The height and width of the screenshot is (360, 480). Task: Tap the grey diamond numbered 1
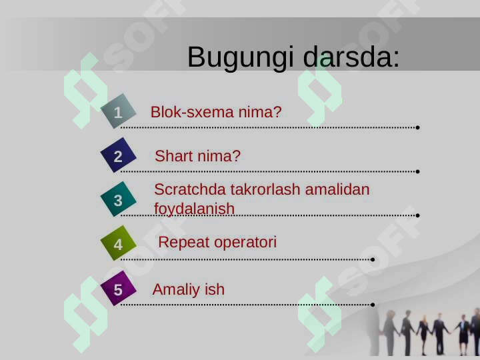pos(118,113)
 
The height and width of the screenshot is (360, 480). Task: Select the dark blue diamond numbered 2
pos(118,157)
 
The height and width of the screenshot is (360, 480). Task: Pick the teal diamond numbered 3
pos(118,200)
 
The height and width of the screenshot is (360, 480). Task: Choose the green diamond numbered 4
pos(118,245)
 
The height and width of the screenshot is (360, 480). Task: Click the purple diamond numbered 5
pos(118,290)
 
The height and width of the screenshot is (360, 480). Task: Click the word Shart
pos(173,157)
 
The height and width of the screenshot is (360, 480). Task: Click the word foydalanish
pos(194,209)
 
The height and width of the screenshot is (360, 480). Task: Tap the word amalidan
pos(337,189)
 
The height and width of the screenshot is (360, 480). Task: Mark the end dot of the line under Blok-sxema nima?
pos(417,127)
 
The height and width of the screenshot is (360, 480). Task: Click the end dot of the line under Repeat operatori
pos(373,259)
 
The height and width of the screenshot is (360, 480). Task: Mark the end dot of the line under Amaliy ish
pos(373,304)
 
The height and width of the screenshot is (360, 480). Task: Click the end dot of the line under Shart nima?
pos(417,171)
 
